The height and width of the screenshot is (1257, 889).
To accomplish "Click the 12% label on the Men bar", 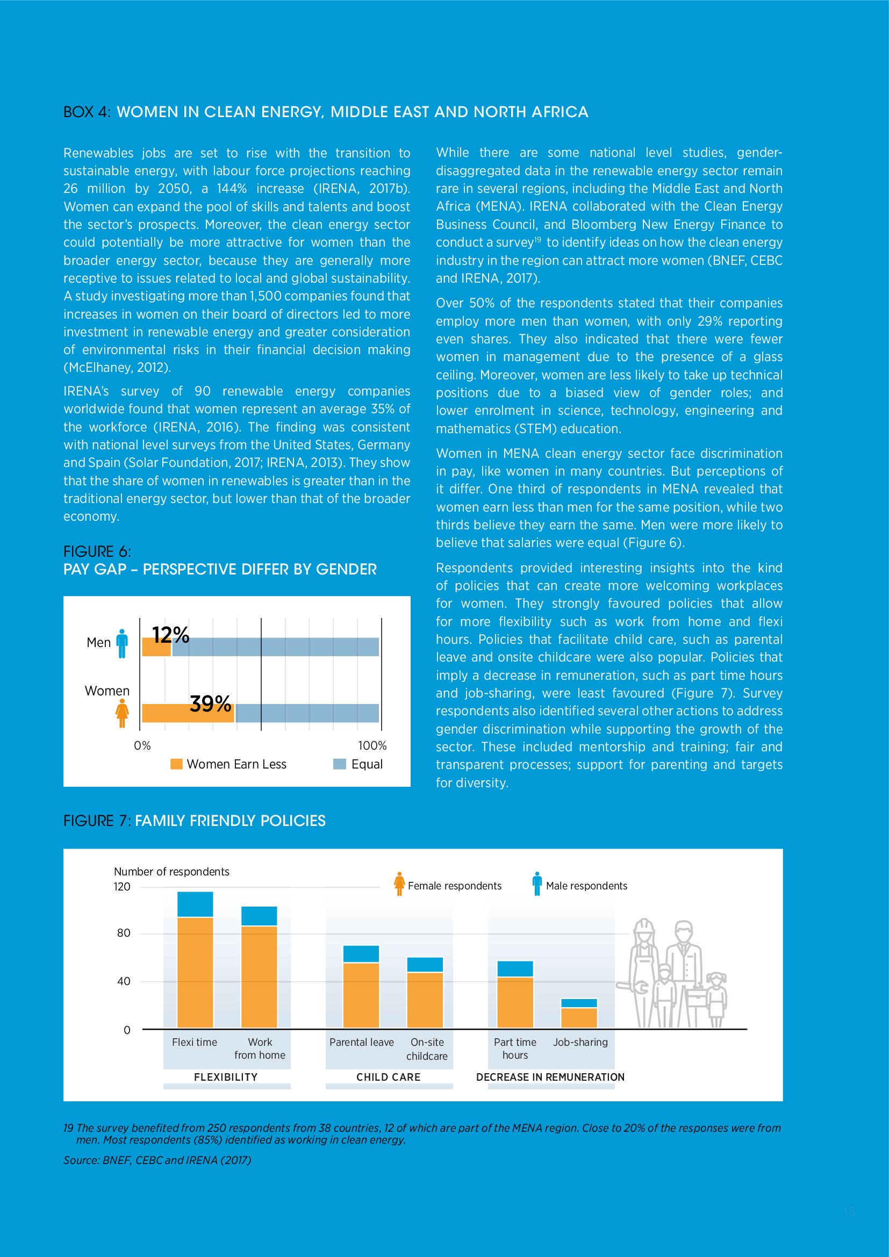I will (x=170, y=635).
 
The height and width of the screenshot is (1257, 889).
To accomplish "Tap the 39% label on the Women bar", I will (x=210, y=703).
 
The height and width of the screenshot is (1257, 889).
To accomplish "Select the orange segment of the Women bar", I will (x=188, y=713).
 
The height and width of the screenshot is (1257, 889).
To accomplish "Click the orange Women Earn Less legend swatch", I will (x=176, y=764).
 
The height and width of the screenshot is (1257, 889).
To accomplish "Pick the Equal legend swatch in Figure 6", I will (x=339, y=764).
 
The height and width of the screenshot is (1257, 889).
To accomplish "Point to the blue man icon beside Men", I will (x=122, y=643).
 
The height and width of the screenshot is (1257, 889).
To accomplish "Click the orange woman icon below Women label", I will (x=122, y=713).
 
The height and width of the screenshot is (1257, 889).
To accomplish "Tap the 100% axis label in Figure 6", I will (x=372, y=746).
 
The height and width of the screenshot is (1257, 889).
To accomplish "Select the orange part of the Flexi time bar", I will (x=195, y=972).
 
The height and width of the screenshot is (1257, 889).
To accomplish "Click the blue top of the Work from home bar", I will (x=259, y=916).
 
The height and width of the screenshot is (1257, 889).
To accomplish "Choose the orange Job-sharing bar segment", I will (x=579, y=1017).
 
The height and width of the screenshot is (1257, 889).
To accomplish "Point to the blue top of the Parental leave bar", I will (x=361, y=954).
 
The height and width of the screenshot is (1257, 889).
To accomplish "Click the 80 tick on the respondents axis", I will (x=124, y=933).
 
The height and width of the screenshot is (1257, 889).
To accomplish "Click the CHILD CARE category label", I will (x=388, y=1077).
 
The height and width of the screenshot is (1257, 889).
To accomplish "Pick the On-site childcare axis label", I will (x=427, y=1049).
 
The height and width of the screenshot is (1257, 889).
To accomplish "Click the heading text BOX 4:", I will (x=87, y=112).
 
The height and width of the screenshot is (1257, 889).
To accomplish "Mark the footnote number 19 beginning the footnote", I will (x=68, y=1128).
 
